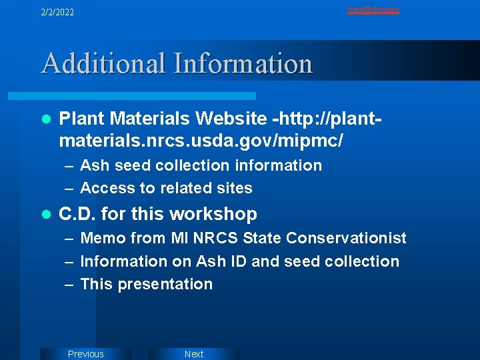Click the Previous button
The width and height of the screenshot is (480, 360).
(x=86, y=354)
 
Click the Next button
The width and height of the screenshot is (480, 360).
(x=193, y=354)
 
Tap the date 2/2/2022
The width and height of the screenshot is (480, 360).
(x=57, y=12)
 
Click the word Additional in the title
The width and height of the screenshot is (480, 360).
(x=103, y=64)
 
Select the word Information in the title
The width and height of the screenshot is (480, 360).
(x=243, y=64)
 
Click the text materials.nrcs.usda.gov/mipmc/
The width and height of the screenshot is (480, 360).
(x=201, y=141)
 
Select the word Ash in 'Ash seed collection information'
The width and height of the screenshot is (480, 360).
(x=92, y=165)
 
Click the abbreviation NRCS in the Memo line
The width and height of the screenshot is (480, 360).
(x=215, y=238)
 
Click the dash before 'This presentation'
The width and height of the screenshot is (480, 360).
(x=69, y=284)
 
